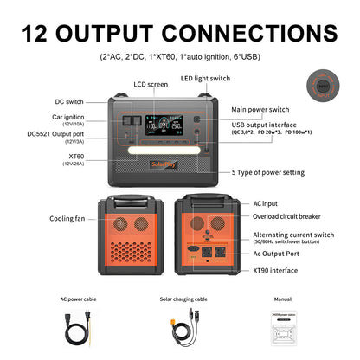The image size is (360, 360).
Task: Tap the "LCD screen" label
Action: click(x=151, y=84)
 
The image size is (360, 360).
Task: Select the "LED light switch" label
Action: click(x=204, y=79)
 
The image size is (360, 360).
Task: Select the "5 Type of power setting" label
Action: click(x=269, y=171)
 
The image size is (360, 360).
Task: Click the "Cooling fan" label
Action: click(x=67, y=219)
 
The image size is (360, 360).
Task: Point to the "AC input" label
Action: click(x=267, y=202)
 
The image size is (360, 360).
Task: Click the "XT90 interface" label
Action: click(x=275, y=270)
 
